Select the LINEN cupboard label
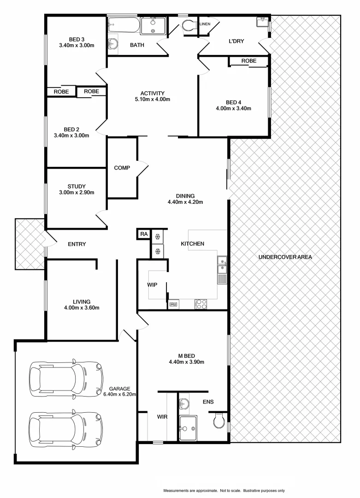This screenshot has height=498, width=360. coord(205,24)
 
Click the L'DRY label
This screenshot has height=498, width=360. coord(236,41)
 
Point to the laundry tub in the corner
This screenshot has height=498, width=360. coord(262,22)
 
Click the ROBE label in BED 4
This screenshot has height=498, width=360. coord(248,61)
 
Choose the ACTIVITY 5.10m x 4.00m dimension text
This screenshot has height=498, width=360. coord(153,100)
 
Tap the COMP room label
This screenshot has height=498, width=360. coord(122,168)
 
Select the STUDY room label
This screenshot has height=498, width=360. coord(77,186)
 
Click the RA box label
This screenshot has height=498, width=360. coord(144,235)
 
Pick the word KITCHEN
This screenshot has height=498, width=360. coord(192,243)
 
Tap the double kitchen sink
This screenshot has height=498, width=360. coord(222,265)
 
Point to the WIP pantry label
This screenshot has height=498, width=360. coord(153,285)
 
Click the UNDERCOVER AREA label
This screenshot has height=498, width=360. coord(285,257)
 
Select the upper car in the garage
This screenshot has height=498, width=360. coord(65,375)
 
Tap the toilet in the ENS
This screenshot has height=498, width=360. coord(219,420)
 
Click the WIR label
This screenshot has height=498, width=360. coord(162,416)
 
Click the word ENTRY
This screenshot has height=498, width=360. coord(77,244)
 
